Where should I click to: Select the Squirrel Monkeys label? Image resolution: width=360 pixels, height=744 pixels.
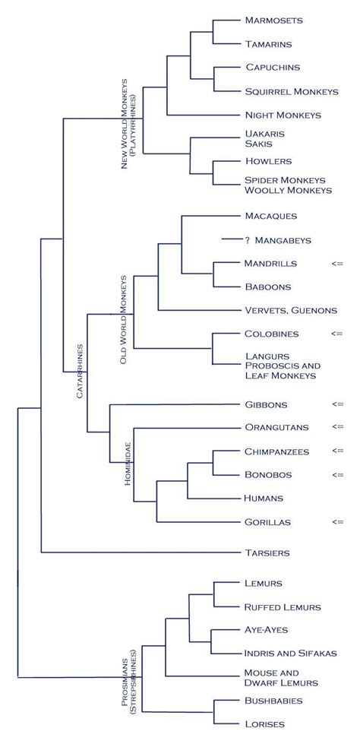click(x=292, y=91)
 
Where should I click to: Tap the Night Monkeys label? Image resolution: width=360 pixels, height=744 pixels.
click(x=283, y=115)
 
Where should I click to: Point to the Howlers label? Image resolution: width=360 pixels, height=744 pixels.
click(x=268, y=161)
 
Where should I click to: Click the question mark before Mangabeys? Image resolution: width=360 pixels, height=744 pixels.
click(x=248, y=239)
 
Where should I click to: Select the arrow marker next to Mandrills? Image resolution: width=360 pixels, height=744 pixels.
click(x=337, y=263)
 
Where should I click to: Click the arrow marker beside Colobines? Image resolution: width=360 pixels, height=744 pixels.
click(x=337, y=333)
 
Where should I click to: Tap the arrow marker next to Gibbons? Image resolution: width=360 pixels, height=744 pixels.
click(x=337, y=404)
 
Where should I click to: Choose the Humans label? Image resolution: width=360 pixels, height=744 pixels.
click(x=264, y=498)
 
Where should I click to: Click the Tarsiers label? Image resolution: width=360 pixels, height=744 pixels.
click(x=267, y=552)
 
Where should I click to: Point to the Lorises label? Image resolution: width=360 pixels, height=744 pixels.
click(x=264, y=724)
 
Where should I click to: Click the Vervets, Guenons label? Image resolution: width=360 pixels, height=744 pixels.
click(x=291, y=310)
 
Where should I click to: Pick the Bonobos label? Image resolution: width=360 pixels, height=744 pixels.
click(x=267, y=474)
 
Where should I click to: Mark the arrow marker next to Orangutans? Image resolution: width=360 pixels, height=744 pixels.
click(x=337, y=426)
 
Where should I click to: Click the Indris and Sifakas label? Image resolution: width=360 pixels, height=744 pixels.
click(x=291, y=653)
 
